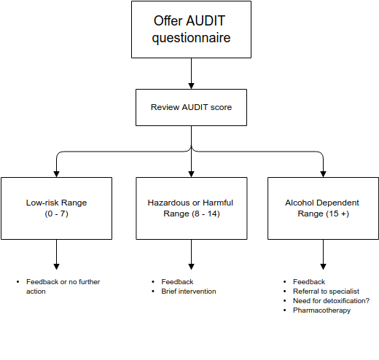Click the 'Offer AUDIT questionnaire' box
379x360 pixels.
[191, 29]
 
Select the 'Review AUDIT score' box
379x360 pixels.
[191, 107]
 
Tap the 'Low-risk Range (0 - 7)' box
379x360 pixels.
[56, 208]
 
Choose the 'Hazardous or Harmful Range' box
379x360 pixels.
[191, 208]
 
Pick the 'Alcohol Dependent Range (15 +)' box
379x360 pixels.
[323, 208]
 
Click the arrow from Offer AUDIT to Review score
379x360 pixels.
[191, 73]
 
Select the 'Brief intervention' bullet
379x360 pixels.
[189, 291]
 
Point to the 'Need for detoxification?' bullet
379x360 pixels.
[331, 301]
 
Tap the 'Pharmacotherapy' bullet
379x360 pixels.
[321, 310]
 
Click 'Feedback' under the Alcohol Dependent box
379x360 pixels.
[308, 281]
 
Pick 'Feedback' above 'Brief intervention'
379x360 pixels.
[177, 281]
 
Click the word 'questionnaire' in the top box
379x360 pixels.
[191, 38]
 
